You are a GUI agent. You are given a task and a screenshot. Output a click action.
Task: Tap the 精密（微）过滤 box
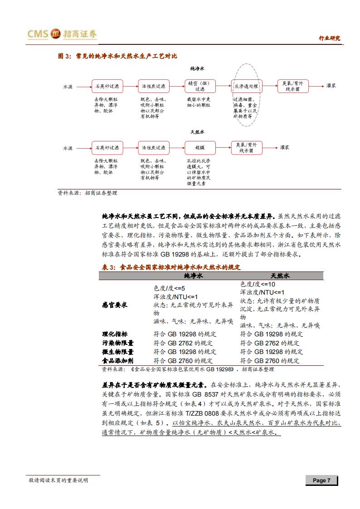tap(199, 86)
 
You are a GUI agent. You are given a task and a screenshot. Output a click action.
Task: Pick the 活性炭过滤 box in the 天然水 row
tap(153, 148)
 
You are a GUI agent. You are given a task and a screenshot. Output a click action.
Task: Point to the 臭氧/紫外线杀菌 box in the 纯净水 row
tap(292, 86)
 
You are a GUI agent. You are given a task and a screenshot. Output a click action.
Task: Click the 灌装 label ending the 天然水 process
tap(285, 148)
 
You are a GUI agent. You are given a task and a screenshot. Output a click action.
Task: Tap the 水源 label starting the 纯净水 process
tap(68, 86)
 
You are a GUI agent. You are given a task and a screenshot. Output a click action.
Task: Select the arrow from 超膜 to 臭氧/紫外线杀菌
tap(222, 148)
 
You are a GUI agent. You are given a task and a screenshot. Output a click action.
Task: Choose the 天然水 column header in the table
tap(280, 276)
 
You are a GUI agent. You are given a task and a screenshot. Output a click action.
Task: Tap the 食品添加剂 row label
tap(117, 361)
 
